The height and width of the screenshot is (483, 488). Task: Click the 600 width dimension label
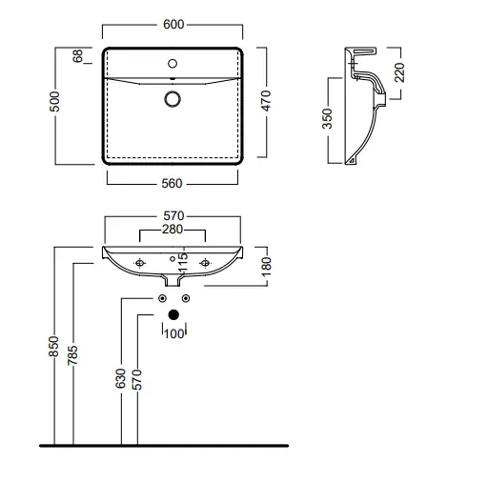click(x=173, y=25)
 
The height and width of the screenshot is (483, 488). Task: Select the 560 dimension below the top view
click(x=172, y=184)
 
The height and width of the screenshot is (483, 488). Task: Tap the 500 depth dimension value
click(x=54, y=102)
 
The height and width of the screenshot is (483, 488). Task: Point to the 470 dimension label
click(x=266, y=101)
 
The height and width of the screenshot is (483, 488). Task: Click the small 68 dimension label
click(x=77, y=56)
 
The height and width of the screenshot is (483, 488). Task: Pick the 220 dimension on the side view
click(x=399, y=72)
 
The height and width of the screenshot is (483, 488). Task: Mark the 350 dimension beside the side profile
click(x=327, y=119)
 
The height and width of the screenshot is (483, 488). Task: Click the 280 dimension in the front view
click(x=173, y=230)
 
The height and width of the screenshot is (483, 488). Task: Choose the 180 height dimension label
click(x=266, y=267)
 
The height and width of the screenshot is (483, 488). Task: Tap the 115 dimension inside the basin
click(x=183, y=263)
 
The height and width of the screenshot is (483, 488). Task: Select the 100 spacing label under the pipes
click(x=174, y=333)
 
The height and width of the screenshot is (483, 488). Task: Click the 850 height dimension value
click(x=54, y=347)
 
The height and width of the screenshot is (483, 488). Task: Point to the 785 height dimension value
click(x=72, y=355)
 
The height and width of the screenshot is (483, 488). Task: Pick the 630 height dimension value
click(x=121, y=378)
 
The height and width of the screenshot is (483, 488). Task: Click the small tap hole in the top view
click(x=173, y=64)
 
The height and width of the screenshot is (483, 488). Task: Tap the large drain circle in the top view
click(x=173, y=99)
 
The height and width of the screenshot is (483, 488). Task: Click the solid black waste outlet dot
click(x=173, y=314)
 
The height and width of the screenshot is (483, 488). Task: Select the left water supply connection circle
click(x=162, y=298)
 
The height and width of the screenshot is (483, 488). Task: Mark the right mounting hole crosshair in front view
click(x=205, y=263)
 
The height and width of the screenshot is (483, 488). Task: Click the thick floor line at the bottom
click(x=164, y=446)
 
